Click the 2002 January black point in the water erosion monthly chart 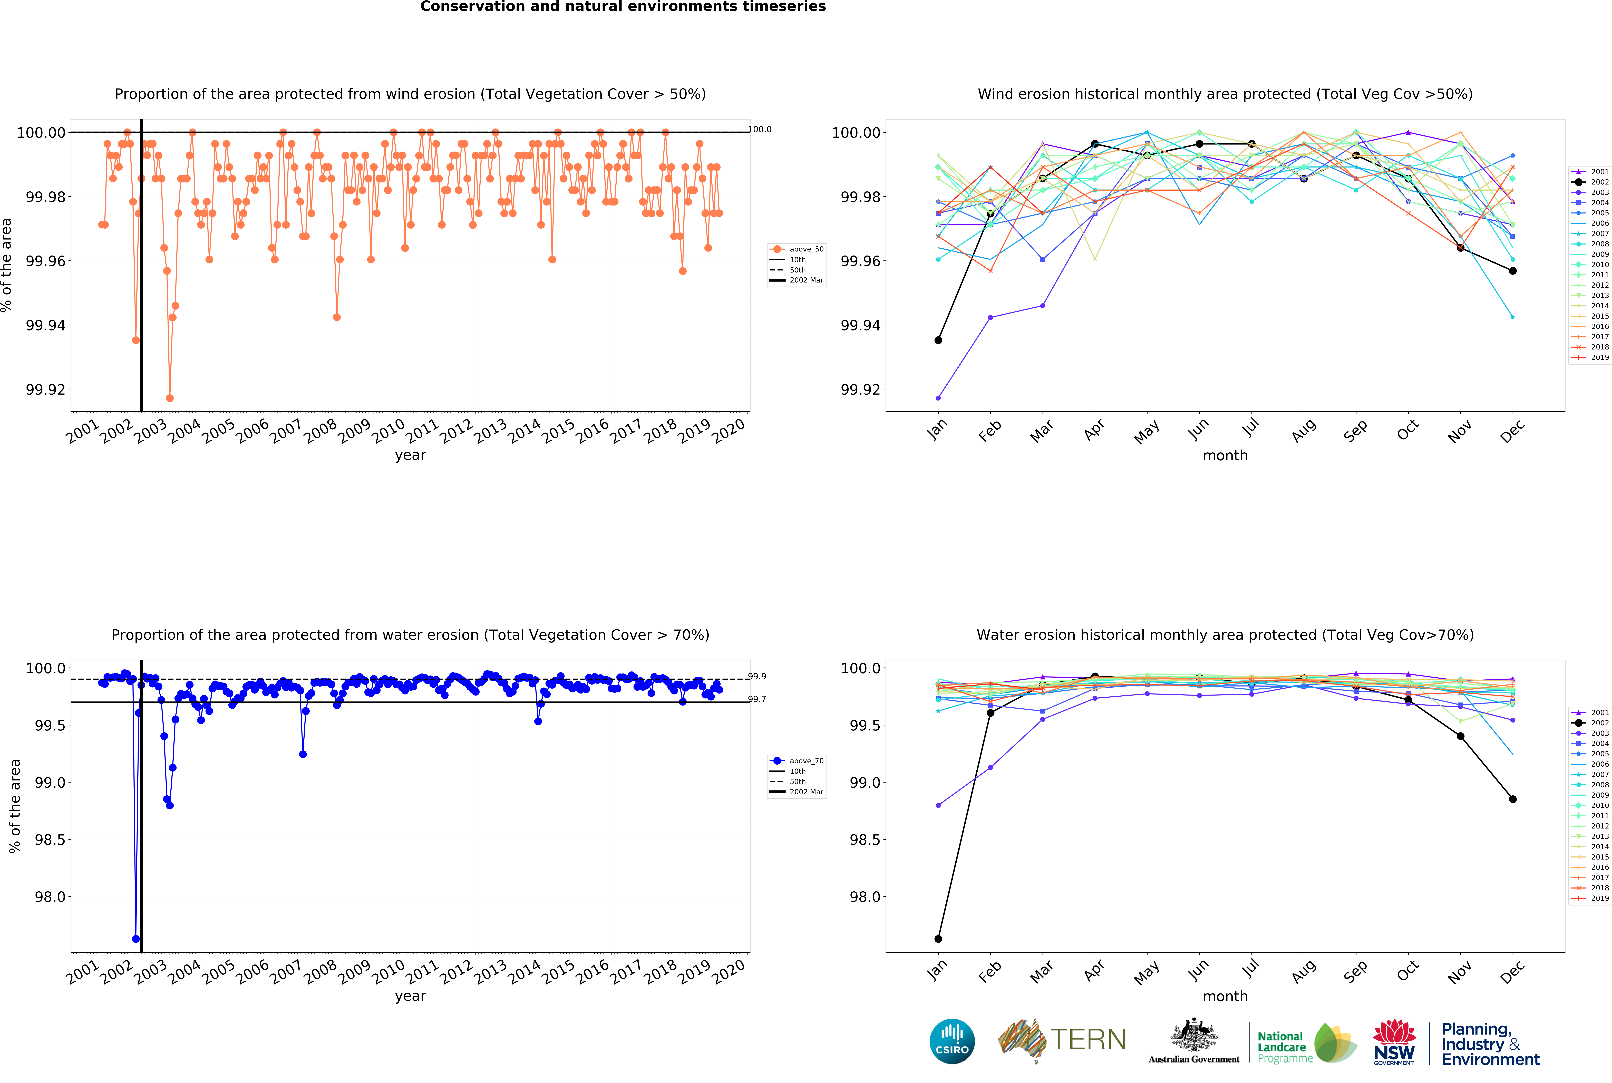[938, 939]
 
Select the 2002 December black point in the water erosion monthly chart [1513, 799]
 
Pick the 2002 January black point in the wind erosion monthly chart [938, 340]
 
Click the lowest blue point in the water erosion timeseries [136, 939]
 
